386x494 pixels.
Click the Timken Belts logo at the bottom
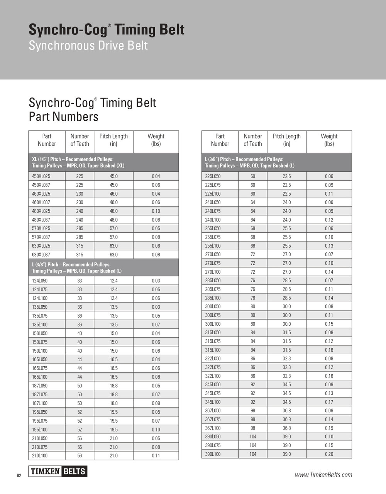58,471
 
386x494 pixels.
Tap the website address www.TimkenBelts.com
323,475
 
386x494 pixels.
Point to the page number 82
19,475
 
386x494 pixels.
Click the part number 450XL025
41,176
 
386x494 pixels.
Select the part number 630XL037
41,255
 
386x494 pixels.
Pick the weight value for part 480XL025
156,211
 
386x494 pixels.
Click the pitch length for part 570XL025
113,228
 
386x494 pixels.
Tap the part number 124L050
40,281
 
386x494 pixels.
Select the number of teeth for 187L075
80,394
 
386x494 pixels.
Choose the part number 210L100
40,456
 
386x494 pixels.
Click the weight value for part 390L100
329,454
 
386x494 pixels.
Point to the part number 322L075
213,367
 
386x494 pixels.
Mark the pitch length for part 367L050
286,411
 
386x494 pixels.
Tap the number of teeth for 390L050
253,437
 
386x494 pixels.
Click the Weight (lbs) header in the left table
156,140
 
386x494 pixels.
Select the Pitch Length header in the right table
286,140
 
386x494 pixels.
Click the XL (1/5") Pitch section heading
73,159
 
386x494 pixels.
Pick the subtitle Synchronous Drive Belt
88,46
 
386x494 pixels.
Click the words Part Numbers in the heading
64,117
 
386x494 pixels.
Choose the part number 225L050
213,176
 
